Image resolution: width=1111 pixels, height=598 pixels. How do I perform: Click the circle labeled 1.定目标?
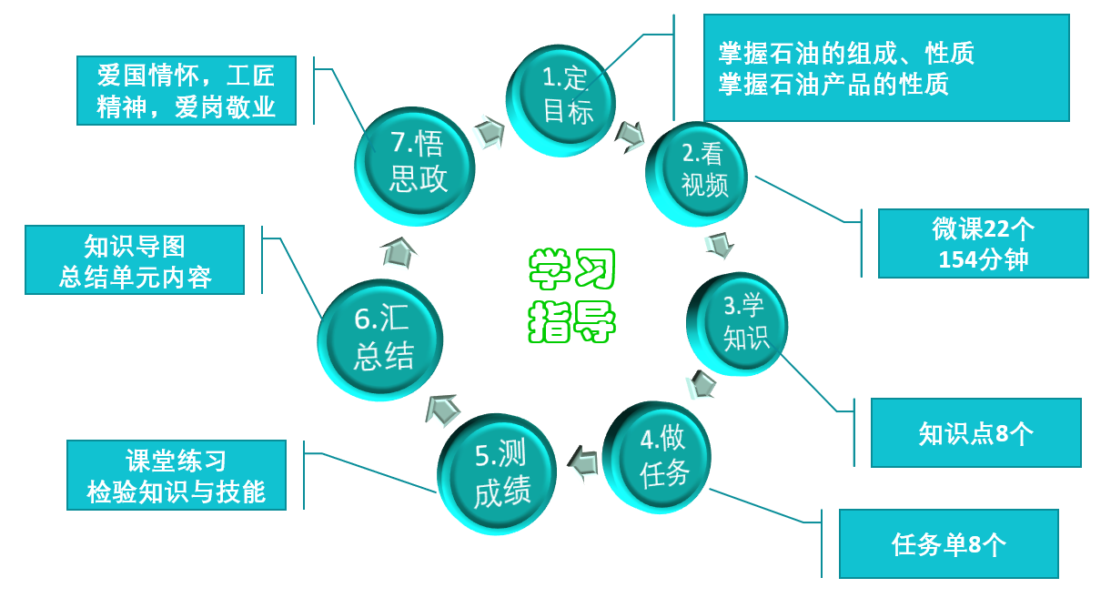click(x=561, y=98)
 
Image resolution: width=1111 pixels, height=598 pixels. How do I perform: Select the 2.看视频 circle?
click(x=698, y=173)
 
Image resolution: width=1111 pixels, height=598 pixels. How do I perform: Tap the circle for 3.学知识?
click(x=738, y=324)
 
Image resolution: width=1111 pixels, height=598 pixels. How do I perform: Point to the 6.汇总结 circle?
click(x=380, y=340)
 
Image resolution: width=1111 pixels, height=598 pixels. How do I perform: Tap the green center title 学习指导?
click(x=572, y=295)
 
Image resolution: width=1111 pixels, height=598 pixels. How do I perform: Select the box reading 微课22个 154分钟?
click(x=983, y=243)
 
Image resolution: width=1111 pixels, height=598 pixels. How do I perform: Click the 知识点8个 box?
click(x=975, y=433)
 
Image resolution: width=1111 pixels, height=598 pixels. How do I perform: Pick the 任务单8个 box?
click(x=948, y=544)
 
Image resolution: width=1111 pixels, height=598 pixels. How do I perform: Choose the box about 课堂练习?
click(x=177, y=475)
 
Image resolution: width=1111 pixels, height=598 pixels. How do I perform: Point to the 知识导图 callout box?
click(x=135, y=260)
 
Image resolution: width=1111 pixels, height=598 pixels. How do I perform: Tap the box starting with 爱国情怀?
click(x=187, y=90)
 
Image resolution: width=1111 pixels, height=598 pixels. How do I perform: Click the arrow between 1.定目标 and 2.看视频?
click(x=629, y=137)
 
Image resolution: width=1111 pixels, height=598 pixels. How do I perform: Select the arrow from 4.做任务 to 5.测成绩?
click(x=581, y=462)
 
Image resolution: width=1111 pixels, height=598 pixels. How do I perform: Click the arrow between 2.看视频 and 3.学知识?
click(x=720, y=245)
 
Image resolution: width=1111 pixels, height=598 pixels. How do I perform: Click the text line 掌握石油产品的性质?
click(x=833, y=85)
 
